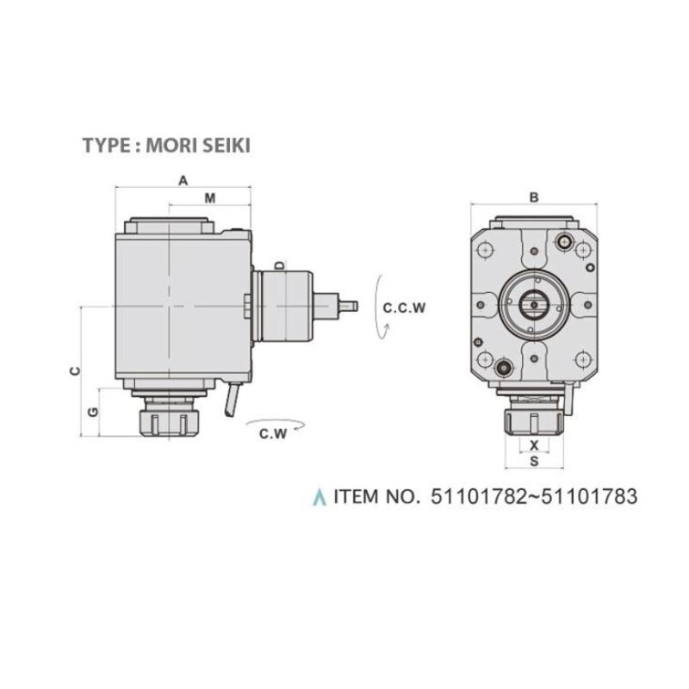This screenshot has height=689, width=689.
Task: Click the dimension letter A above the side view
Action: [x=183, y=180]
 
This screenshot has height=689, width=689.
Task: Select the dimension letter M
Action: [x=210, y=199]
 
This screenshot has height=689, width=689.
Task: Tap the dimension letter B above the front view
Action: [x=534, y=198]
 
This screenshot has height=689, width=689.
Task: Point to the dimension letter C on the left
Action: [x=76, y=370]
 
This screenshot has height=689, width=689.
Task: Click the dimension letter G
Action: [x=93, y=412]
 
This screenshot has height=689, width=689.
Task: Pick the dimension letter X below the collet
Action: [x=534, y=445]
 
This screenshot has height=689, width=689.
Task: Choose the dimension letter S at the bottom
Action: [x=534, y=461]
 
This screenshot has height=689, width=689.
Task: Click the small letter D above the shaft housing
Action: [x=278, y=265]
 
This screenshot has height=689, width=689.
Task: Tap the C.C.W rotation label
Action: [x=404, y=307]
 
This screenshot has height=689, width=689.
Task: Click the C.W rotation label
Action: [x=273, y=434]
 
